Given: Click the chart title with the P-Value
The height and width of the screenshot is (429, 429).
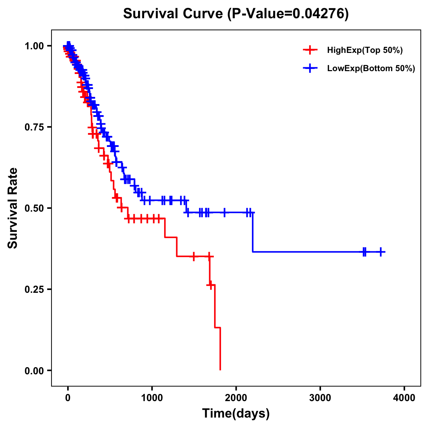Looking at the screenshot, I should [x=236, y=14].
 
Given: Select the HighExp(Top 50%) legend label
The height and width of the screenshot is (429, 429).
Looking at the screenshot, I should [x=365, y=50].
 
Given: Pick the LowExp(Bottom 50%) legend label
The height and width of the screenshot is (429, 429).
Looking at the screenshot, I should [x=371, y=69].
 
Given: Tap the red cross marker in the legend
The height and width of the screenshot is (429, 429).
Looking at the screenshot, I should [x=310, y=50].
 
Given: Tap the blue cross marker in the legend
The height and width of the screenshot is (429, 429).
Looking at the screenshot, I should [x=310, y=68].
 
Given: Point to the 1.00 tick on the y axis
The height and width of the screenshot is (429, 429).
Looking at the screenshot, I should [x=35, y=46].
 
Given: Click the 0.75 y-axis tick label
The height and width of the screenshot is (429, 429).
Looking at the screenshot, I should [x=35, y=127].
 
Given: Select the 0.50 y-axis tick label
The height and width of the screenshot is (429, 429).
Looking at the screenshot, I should [x=35, y=208].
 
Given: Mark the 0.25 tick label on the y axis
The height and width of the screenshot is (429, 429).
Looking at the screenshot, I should [x=35, y=290].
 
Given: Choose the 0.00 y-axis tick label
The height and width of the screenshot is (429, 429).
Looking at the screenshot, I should [x=35, y=371].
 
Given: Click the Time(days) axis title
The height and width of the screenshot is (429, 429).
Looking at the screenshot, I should [x=236, y=414].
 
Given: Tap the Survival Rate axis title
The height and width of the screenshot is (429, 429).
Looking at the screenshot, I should [x=13, y=208].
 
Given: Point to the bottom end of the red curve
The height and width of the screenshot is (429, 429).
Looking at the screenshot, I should [x=220, y=369].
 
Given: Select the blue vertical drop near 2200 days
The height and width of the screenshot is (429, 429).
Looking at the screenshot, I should [x=253, y=232].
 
